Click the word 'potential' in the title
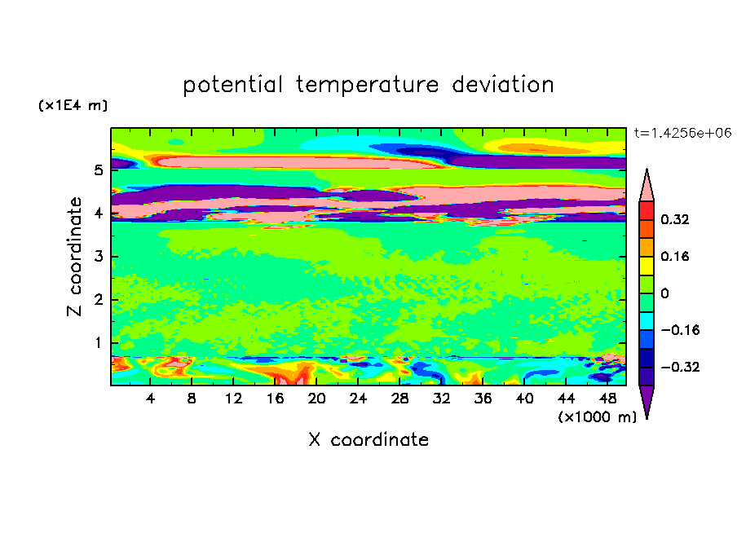[x=232, y=86]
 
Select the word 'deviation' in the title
[x=503, y=85]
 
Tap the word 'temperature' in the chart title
[x=367, y=86]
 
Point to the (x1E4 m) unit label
[x=73, y=106]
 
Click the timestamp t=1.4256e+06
[x=682, y=133]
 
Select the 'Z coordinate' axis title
[x=74, y=257]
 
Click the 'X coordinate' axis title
[x=368, y=439]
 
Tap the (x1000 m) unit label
[x=598, y=417]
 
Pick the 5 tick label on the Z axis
[x=98, y=170]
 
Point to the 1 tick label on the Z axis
[x=98, y=343]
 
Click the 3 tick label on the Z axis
[x=98, y=257]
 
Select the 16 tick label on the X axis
[x=275, y=399]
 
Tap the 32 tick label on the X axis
[x=441, y=399]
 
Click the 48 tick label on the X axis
[x=607, y=399]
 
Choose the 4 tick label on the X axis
[x=150, y=399]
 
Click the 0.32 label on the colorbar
[x=674, y=219]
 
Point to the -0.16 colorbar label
[x=680, y=330]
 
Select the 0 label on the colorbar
[x=664, y=293]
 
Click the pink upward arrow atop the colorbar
[x=647, y=186]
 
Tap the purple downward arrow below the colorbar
[x=647, y=401]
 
